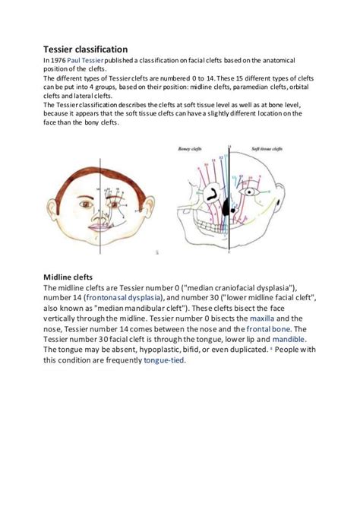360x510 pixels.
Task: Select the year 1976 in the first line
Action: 59,60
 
